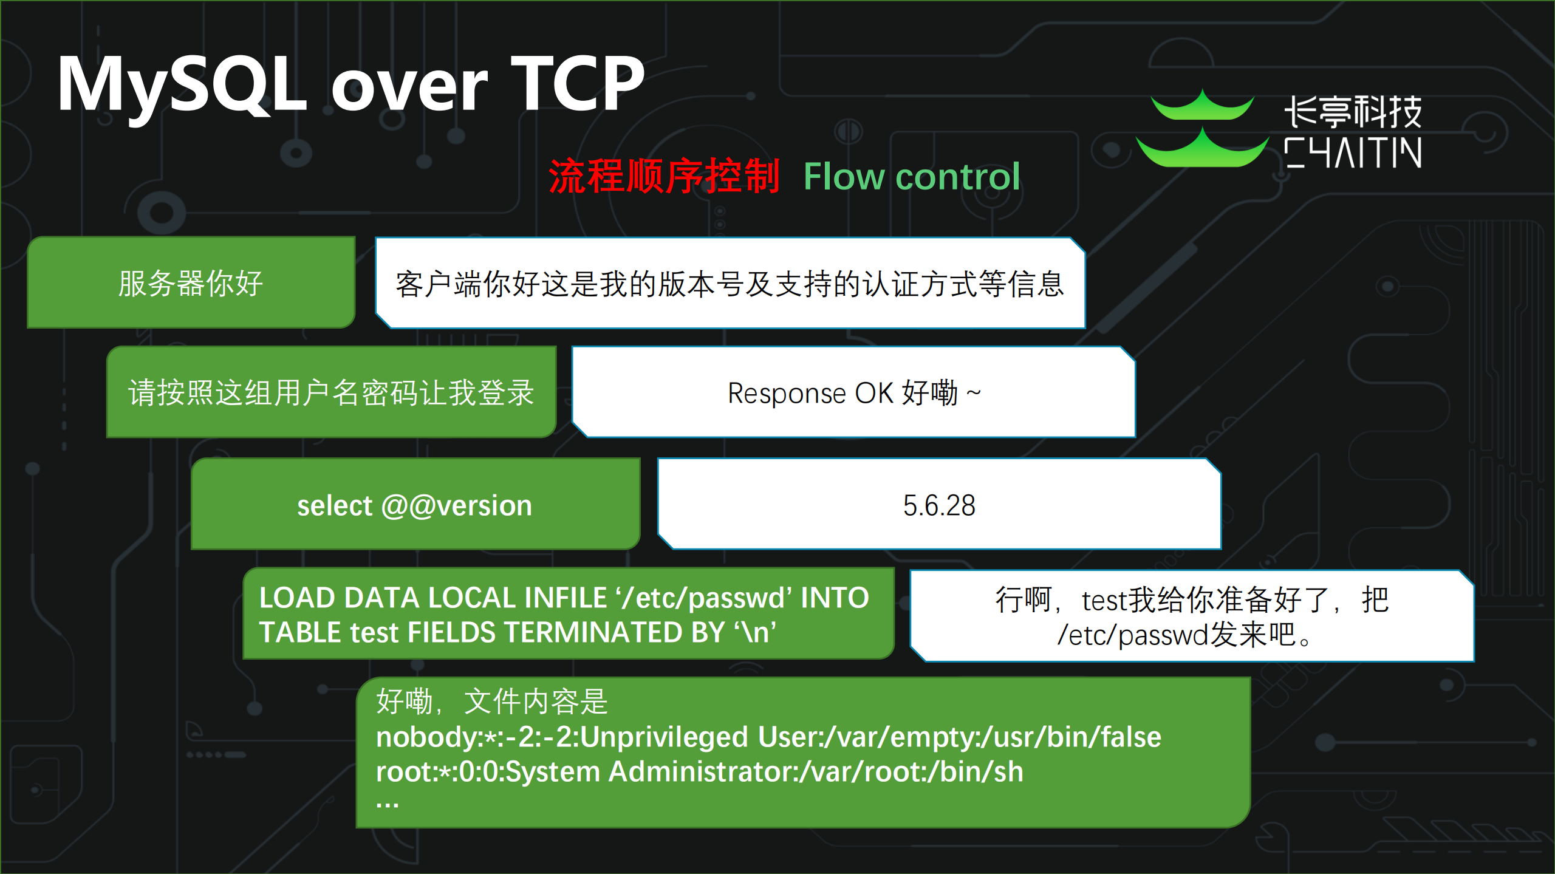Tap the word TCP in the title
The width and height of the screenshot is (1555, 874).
pyautogui.click(x=577, y=84)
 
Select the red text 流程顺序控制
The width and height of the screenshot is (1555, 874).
pyautogui.click(x=663, y=177)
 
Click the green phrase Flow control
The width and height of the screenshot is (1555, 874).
pyautogui.click(x=911, y=177)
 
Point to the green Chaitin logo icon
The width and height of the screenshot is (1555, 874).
pyautogui.click(x=1201, y=129)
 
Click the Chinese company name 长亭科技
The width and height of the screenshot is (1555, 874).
pyautogui.click(x=1353, y=112)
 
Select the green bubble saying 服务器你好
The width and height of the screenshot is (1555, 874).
pyautogui.click(x=191, y=283)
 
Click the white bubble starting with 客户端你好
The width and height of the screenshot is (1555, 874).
pyautogui.click(x=730, y=284)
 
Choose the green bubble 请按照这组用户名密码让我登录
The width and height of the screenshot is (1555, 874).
pyautogui.click(x=331, y=392)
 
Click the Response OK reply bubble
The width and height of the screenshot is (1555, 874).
pyautogui.click(x=853, y=393)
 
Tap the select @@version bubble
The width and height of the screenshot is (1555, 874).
pyautogui.click(x=415, y=505)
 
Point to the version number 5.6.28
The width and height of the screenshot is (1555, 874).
pyautogui.click(x=939, y=505)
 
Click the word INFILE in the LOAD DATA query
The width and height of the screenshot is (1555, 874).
pyautogui.click(x=565, y=598)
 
